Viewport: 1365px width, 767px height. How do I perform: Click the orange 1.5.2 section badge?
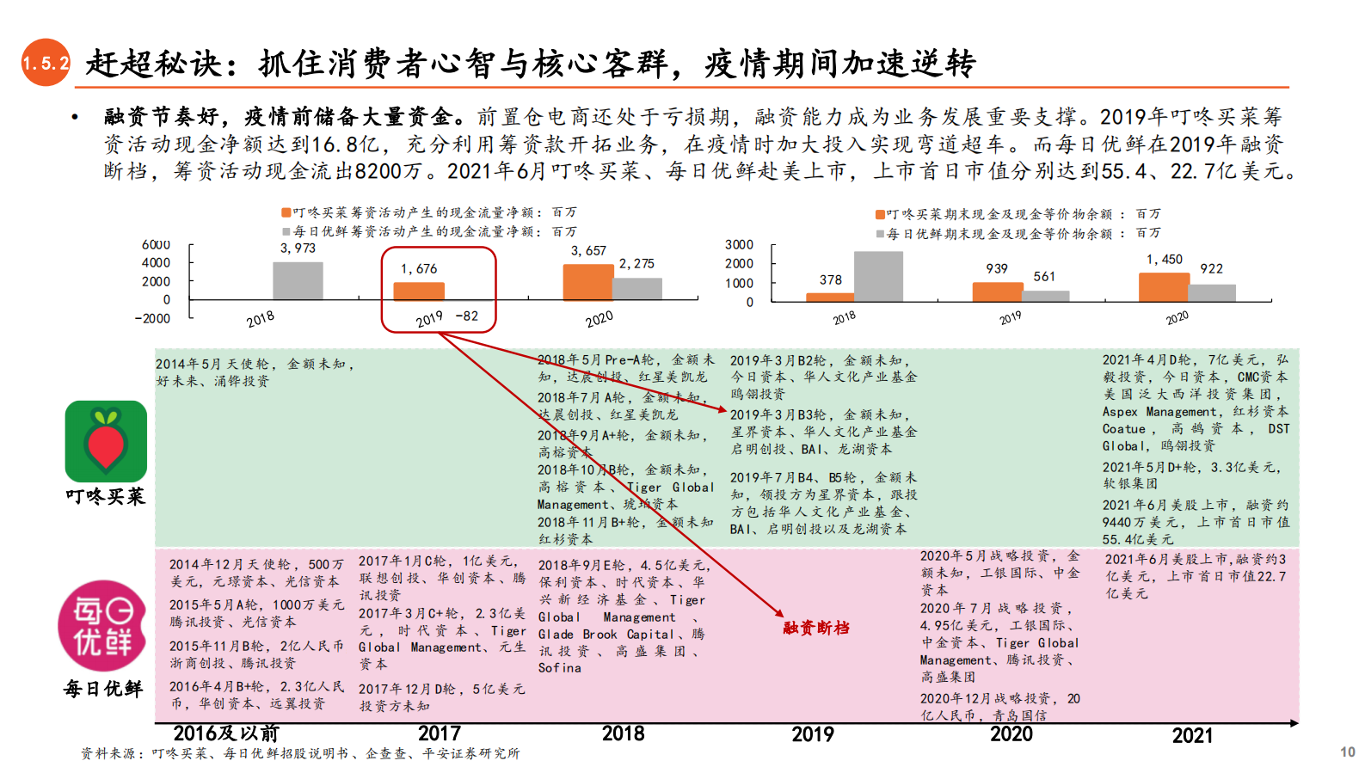coord(46,63)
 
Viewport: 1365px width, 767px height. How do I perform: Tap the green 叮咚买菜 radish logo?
coord(106,441)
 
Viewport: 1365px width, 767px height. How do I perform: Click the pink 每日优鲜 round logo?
coord(101,625)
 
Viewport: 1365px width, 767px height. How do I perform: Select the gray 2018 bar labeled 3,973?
coord(298,280)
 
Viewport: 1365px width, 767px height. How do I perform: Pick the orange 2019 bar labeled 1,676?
coord(419,291)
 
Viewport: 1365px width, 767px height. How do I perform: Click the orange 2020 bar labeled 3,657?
coord(587,283)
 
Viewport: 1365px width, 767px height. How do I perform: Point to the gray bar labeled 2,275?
coord(637,289)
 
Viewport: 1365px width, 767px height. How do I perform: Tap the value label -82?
coord(466,316)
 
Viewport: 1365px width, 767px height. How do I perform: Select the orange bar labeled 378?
coord(830,298)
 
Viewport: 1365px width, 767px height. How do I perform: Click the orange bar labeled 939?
coord(997,292)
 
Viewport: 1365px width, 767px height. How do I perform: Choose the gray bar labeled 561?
coord(1046,296)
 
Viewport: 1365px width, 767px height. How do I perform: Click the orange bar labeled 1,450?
coord(1164,287)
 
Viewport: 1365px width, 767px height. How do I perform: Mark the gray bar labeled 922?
coord(1212,292)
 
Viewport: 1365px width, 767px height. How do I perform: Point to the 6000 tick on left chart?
coord(156,245)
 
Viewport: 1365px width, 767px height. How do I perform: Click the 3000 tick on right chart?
coord(739,245)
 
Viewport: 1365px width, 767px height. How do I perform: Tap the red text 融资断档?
coord(816,628)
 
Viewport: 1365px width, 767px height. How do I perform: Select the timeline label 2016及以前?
coord(226,733)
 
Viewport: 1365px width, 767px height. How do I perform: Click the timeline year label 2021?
coord(1192,735)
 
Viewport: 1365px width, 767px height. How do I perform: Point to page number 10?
coord(1347,752)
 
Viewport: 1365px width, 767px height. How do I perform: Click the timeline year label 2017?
coord(440,733)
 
